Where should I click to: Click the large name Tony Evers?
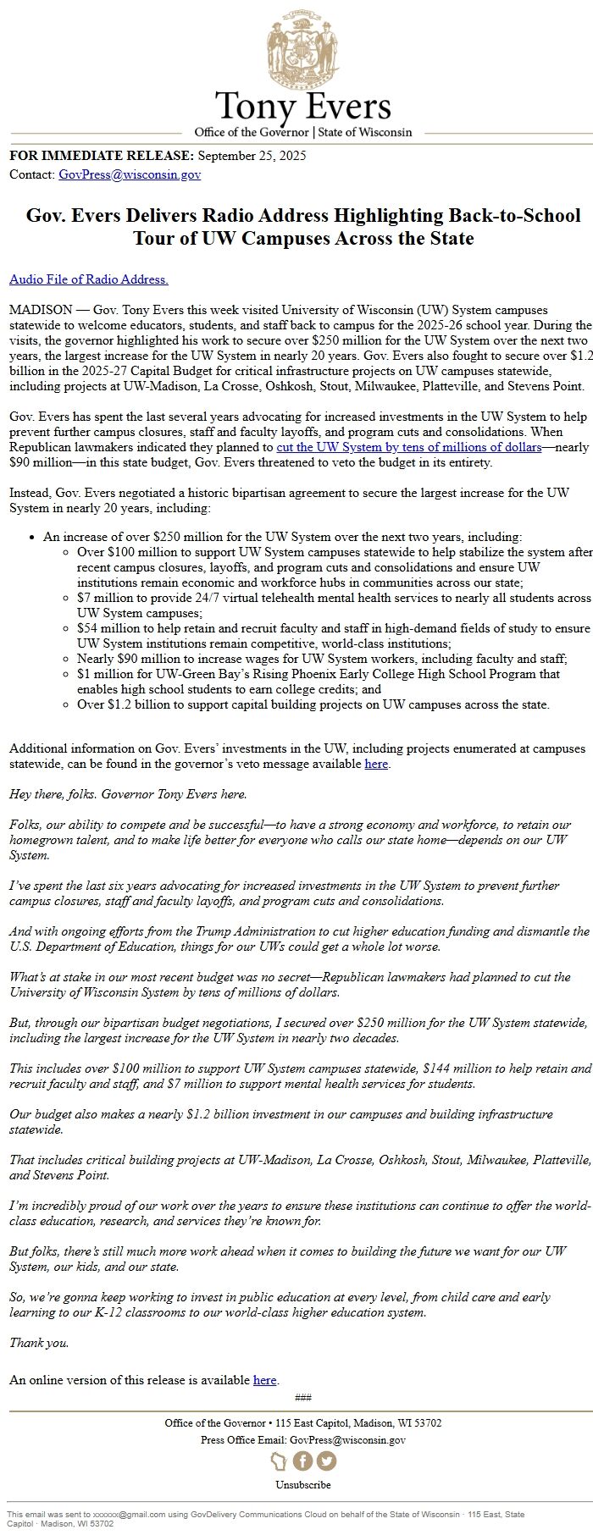pos(303,108)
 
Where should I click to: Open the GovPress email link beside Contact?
pos(130,175)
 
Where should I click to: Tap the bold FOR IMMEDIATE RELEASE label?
pos(102,156)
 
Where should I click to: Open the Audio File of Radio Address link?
pos(89,279)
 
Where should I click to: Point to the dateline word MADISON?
pos(41,311)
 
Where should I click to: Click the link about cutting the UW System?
pos(409,447)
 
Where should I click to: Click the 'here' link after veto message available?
pos(376,764)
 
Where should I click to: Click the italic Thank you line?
pos(39,1343)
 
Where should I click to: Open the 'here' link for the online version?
pos(265,1380)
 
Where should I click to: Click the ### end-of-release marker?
pos(303,1397)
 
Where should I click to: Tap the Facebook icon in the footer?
pos(302,1460)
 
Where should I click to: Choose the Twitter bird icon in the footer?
pos(326,1460)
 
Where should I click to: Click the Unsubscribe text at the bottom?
pos(303,1484)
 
